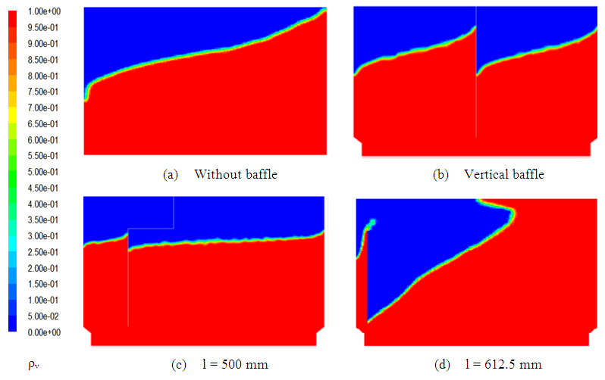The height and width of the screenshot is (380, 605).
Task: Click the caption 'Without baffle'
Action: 236,175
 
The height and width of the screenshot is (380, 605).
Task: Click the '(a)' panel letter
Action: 171,175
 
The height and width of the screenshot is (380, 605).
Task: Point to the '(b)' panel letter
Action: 440,175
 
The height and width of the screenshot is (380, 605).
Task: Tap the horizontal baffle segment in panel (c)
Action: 151,228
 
